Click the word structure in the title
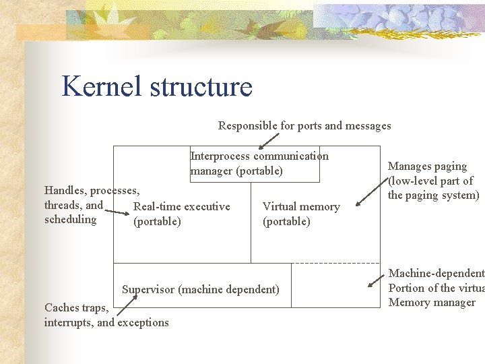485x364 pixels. [201, 87]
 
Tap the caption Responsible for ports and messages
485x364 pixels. [304, 125]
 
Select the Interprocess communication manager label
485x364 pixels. [259, 163]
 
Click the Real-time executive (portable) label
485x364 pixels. [182, 214]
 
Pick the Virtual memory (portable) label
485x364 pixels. [301, 214]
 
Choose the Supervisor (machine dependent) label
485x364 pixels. [200, 290]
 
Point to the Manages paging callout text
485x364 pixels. [433, 181]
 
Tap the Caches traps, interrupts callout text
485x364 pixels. [106, 315]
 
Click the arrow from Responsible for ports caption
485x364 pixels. [269, 140]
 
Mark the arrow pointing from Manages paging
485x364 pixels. [369, 192]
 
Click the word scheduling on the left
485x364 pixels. [70, 220]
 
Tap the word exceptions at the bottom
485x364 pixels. [143, 322]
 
